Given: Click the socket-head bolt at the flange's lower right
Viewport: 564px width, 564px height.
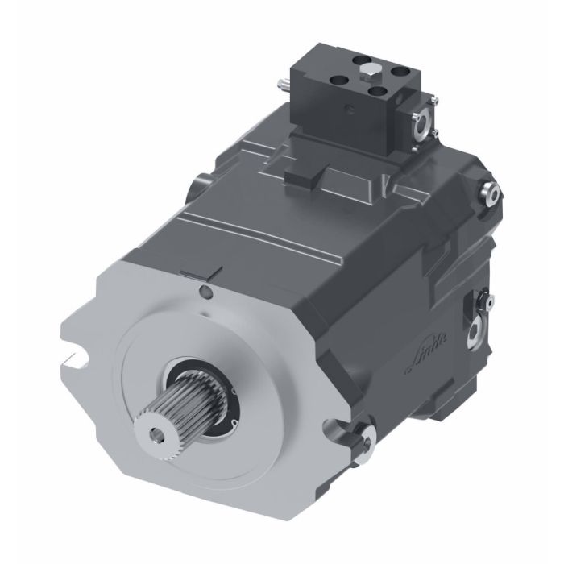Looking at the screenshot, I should click(x=367, y=438).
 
